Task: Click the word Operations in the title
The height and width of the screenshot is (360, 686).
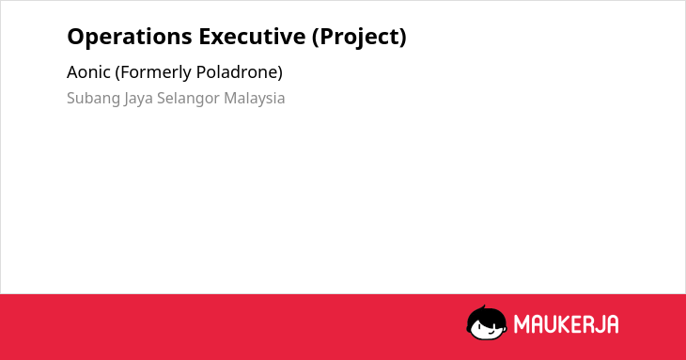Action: tap(130, 38)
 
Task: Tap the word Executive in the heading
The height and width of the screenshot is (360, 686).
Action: tap(252, 37)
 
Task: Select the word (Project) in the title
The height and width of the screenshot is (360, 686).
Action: tap(359, 38)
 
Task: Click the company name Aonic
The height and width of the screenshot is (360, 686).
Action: tap(88, 72)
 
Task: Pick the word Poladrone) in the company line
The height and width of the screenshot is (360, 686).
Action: tap(240, 72)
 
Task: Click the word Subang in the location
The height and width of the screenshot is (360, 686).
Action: tap(94, 99)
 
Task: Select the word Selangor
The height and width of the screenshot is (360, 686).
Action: tap(188, 99)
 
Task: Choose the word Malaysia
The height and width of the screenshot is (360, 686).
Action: tap(254, 99)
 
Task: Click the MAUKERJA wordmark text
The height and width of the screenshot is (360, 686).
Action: tap(566, 324)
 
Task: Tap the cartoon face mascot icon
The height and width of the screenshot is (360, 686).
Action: tap(487, 323)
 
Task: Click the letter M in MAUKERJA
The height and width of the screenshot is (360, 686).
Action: tap(522, 324)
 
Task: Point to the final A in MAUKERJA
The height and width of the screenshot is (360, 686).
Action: tap(612, 324)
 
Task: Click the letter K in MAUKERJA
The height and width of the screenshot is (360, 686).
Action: tap(562, 324)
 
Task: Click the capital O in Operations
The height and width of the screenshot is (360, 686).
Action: tap(76, 37)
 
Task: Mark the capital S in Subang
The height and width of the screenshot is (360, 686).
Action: tap(71, 98)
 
